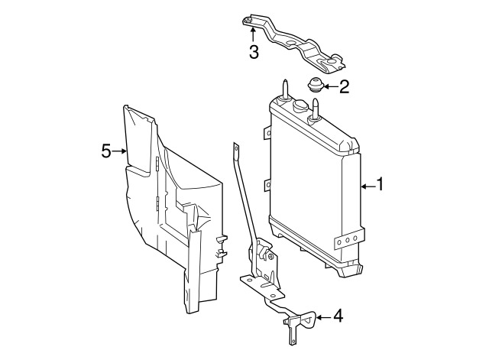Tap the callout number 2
point(344,86)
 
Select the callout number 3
point(254,52)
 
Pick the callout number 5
point(106,151)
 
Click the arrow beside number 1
point(367,184)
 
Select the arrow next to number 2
point(329,86)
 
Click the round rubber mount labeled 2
point(314,84)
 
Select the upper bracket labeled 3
point(294,42)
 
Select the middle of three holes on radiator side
point(348,240)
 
